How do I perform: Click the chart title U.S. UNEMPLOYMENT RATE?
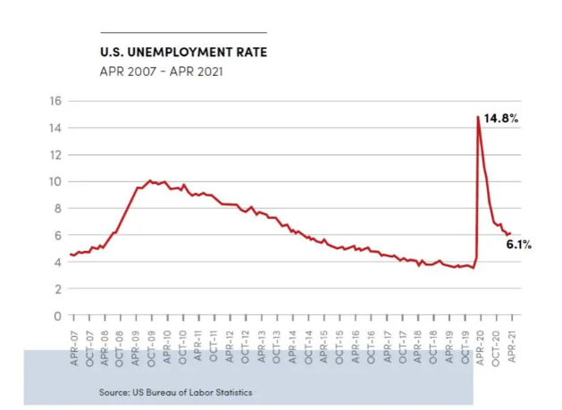point(182,52)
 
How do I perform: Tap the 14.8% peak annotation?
point(502,117)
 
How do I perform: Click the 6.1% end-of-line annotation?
point(518,245)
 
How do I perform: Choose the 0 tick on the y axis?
point(56,315)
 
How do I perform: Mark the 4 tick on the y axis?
point(56,262)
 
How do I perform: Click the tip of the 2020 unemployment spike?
point(478,118)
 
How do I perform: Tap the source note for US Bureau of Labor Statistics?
point(176,392)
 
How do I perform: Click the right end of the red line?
point(510,233)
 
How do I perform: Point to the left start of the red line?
point(71,255)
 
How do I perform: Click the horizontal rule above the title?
point(183,32)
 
